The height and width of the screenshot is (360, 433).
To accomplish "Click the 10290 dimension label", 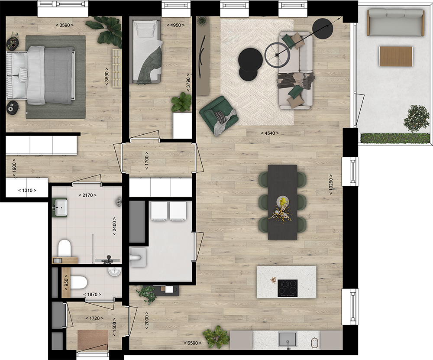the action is tap(331, 184).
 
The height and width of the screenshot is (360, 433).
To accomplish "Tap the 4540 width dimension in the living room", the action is tap(270, 133).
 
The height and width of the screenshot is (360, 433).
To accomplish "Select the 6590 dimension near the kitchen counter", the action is tap(193, 343).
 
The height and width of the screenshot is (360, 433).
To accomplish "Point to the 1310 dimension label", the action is tap(27, 190).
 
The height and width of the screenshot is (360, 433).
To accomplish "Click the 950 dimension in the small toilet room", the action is tap(66, 282).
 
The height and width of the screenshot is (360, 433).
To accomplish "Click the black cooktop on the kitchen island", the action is tap(288, 288).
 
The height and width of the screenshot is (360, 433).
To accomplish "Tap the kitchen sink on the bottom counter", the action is tap(288, 339).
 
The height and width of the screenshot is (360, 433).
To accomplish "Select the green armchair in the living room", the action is tap(219, 114).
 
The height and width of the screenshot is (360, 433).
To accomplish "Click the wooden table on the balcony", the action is tap(396, 56).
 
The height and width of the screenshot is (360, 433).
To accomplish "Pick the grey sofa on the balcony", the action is tap(395, 22).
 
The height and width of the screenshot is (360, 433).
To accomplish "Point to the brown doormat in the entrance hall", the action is tap(93, 340).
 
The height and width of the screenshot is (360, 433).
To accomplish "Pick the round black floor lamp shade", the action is tap(323, 28).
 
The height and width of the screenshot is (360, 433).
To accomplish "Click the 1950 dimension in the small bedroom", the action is tap(176, 25).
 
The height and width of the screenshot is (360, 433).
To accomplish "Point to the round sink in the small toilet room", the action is tap(115, 272).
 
